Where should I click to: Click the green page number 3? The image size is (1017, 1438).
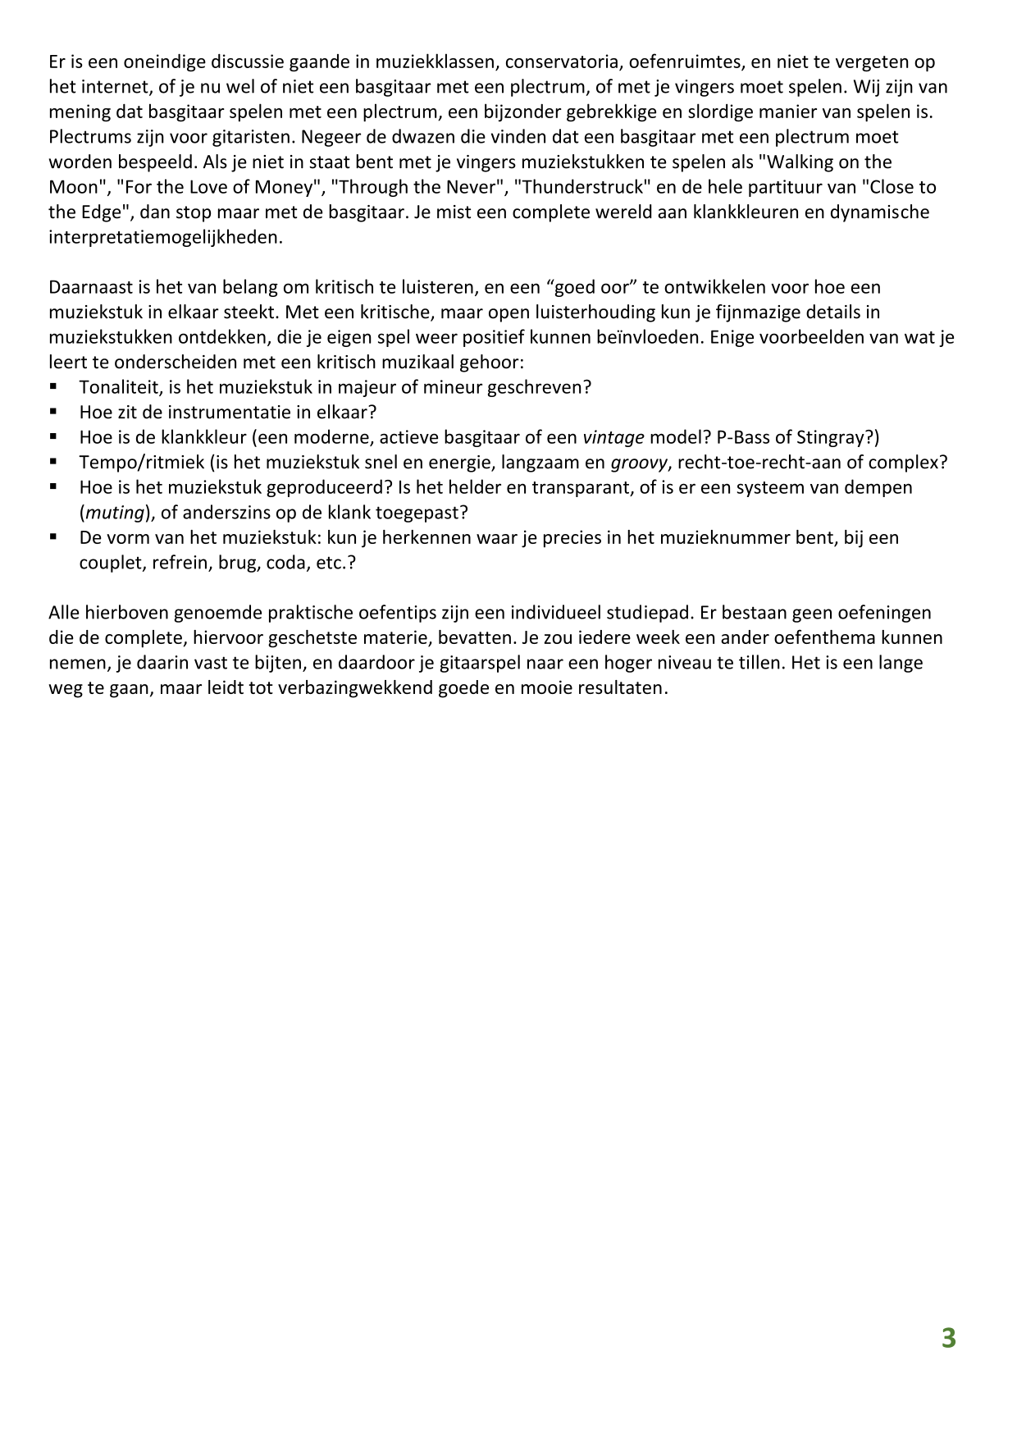click(948, 1338)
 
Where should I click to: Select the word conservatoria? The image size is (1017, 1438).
click(565, 62)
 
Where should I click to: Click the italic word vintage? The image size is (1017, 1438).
click(613, 437)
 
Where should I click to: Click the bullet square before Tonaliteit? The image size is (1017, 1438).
click(53, 386)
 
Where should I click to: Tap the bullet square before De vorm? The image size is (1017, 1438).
click(53, 536)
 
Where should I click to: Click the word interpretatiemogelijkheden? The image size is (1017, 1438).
click(165, 238)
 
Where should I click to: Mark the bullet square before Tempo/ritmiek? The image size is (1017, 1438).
click(53, 461)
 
